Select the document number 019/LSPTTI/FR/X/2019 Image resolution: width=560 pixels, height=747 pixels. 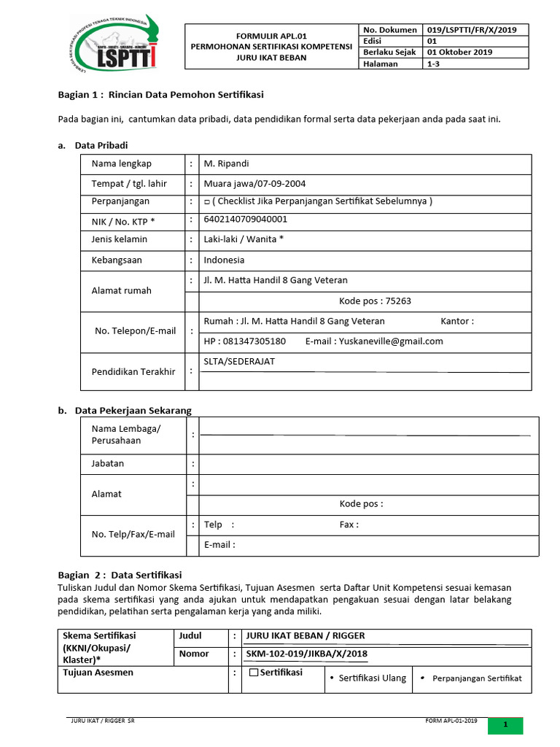point(472,30)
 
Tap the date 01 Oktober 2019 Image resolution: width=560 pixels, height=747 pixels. point(459,53)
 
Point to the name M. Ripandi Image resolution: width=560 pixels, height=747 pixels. point(226,163)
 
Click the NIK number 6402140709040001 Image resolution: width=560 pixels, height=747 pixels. point(246,219)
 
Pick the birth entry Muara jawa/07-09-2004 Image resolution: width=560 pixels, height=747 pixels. point(254,184)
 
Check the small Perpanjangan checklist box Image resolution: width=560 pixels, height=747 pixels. point(207,202)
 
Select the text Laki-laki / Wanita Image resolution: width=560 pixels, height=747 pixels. point(244,239)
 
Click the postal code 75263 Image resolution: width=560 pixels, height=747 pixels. point(398,301)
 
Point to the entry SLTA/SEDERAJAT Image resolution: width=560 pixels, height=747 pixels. point(240,362)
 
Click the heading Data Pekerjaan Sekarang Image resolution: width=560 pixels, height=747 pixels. point(133,411)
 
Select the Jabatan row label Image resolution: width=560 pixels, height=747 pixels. point(107,463)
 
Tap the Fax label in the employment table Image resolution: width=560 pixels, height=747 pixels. point(349,525)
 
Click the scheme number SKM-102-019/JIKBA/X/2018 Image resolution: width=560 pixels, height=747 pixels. point(307,654)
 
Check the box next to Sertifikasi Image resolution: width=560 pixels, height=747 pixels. point(254,673)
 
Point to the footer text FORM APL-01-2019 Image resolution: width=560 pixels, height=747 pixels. point(451,721)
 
